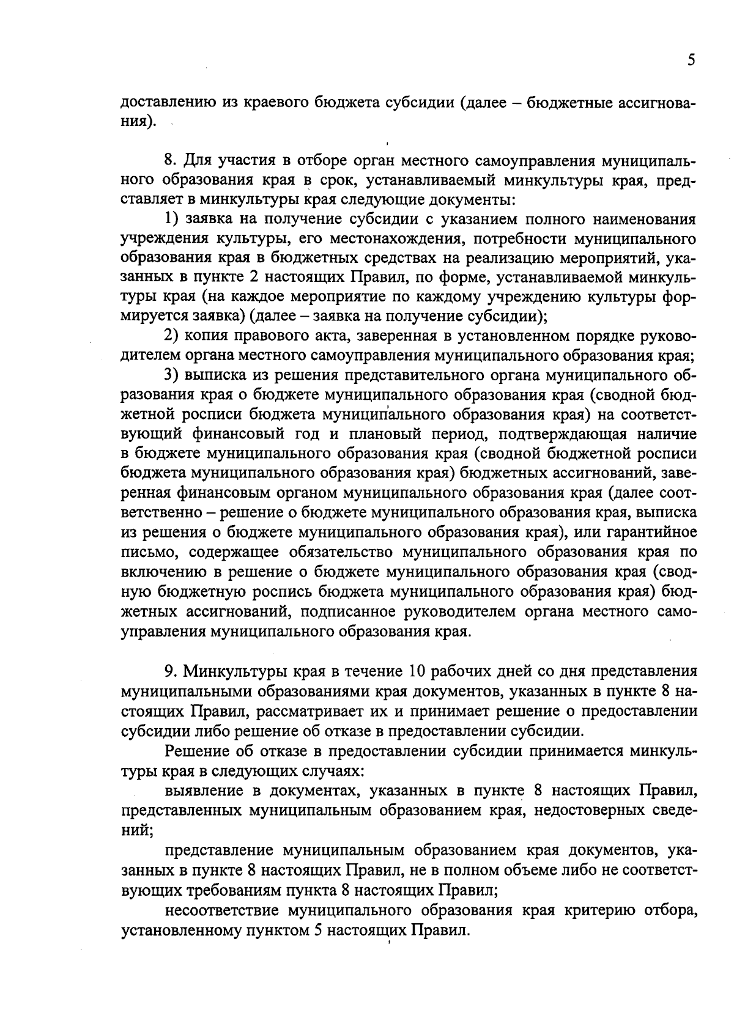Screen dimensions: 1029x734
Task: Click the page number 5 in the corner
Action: tap(691, 60)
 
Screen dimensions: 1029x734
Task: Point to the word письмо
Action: tap(149, 553)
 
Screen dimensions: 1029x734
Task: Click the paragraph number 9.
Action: tap(169, 671)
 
